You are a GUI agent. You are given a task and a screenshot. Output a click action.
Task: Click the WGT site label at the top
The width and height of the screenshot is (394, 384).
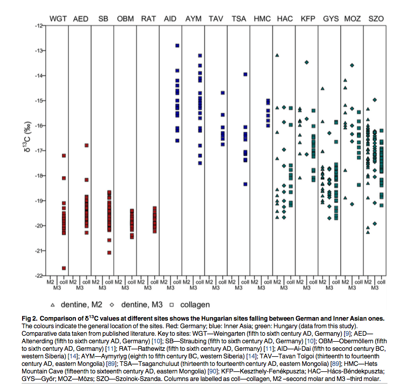tap(57, 19)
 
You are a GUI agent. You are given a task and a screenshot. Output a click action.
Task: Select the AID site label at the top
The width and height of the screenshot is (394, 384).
tap(170, 19)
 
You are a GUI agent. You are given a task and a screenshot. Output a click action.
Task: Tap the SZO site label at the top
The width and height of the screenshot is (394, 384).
tap(376, 19)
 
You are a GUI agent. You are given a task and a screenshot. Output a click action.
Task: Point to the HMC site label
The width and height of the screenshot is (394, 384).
tap(262, 19)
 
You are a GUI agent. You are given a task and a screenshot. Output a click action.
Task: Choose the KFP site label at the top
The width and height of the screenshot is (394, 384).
tap(307, 19)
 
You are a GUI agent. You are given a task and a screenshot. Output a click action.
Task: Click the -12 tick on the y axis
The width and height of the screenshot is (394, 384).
tap(38, 26)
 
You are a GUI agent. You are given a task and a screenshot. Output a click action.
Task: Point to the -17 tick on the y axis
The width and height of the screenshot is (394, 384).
tap(38, 151)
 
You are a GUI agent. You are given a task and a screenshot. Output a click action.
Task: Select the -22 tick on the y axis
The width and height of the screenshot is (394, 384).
tap(38, 276)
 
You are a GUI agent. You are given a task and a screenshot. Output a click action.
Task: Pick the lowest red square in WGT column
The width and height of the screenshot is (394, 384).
tap(64, 268)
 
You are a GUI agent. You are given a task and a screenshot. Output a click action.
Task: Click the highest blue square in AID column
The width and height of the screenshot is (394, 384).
tap(177, 45)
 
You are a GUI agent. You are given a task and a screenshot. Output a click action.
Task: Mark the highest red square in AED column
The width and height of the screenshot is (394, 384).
tap(86, 145)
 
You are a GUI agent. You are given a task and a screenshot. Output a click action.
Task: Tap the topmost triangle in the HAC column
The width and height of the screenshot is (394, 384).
tap(277, 55)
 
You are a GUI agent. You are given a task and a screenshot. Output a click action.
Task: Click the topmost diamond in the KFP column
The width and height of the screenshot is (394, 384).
tap(307, 62)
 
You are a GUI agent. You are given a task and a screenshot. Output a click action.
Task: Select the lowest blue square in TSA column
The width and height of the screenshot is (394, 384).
tap(245, 184)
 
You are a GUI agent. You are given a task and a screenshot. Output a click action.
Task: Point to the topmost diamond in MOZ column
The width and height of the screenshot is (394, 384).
tap(352, 65)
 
